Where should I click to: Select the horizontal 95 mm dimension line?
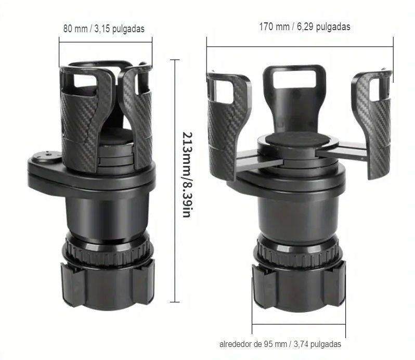click(299, 324)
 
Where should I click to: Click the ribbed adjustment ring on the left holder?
click(107, 248)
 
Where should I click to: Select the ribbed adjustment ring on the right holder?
click(298, 251)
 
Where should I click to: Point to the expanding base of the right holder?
click(299, 286)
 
